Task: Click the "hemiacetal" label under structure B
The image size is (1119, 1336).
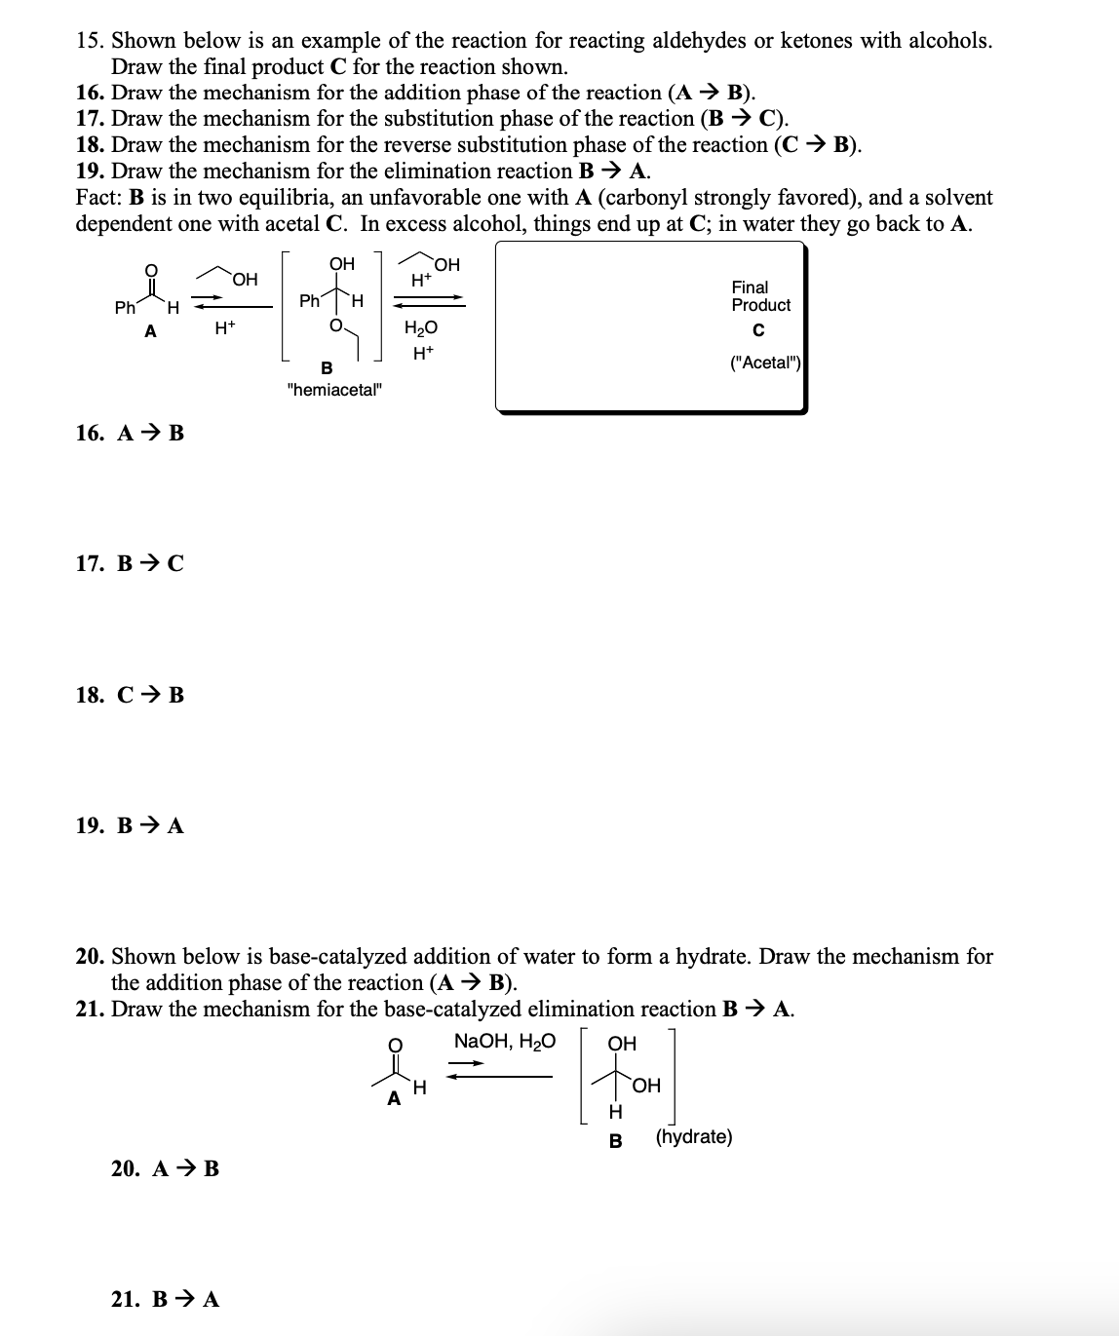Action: pos(335,390)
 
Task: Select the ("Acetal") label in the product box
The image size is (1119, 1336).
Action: pos(765,363)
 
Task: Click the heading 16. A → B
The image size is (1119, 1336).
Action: pos(130,433)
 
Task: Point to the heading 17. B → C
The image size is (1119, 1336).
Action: pos(130,563)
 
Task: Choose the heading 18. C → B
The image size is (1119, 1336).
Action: pos(130,695)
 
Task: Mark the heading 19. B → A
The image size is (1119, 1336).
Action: pos(130,825)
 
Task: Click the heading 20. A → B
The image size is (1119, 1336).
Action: pos(165,1168)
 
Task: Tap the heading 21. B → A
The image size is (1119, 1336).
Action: pos(165,1299)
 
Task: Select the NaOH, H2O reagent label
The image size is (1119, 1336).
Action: pos(505,1041)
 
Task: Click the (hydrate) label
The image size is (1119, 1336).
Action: pos(694,1137)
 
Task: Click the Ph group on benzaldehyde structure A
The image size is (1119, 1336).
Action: pos(125,308)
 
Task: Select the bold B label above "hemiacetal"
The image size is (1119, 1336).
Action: pos(327,367)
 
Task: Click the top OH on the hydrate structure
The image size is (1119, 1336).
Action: pos(622,1044)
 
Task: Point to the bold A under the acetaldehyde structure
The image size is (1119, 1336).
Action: pos(394,1099)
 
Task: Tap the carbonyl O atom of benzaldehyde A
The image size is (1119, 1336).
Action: pos(150,272)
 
